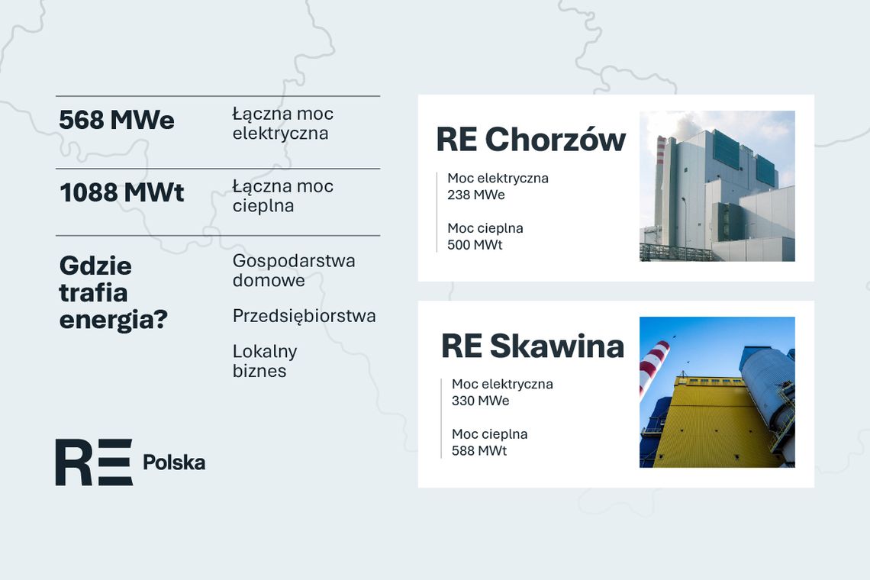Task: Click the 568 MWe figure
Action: [117, 121]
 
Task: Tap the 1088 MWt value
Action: [122, 193]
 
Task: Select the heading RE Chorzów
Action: [530, 140]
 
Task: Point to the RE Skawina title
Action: [533, 346]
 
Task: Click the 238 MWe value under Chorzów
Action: [476, 195]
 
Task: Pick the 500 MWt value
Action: [475, 246]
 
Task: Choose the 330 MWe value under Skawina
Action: [480, 401]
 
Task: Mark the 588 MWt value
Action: [479, 451]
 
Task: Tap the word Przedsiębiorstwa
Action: [304, 316]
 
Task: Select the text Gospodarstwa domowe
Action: [293, 270]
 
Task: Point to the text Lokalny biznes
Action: [264, 361]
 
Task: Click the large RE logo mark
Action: [93, 462]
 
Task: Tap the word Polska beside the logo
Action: [174, 462]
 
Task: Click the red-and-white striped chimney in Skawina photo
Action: [653, 366]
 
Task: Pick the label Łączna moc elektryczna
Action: [282, 124]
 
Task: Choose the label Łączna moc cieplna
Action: [282, 196]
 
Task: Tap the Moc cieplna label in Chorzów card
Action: [485, 228]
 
